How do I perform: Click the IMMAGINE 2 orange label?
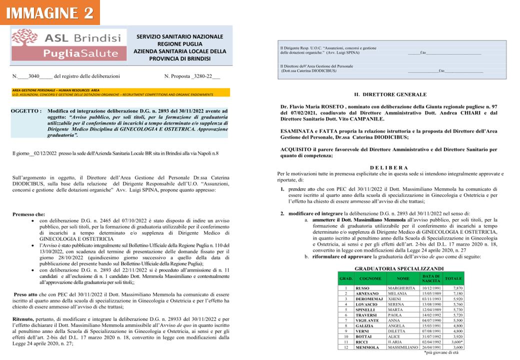click(50, 12)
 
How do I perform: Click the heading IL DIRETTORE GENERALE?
click(390, 94)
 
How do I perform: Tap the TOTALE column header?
click(453, 277)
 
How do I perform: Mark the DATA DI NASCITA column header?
click(430, 277)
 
